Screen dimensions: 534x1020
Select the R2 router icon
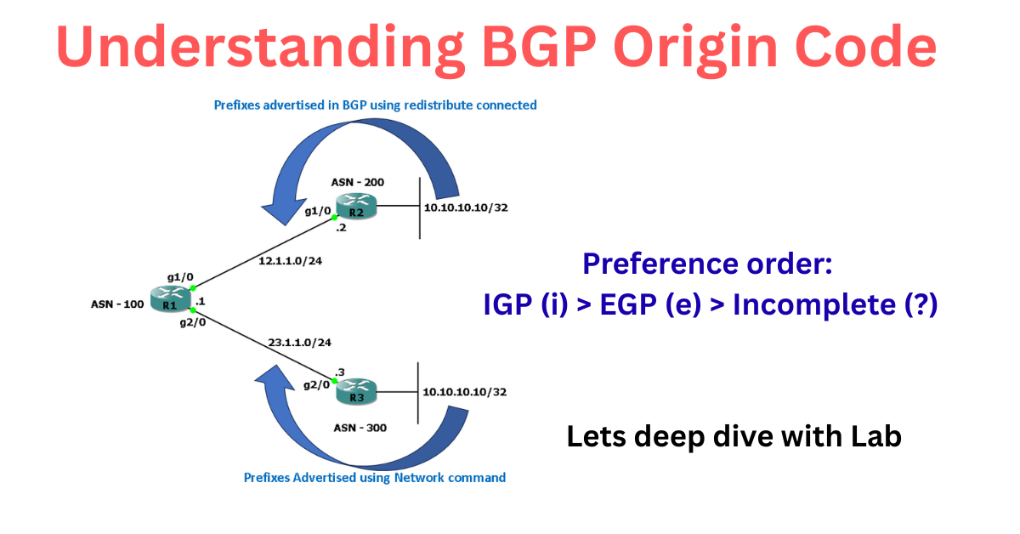(x=355, y=207)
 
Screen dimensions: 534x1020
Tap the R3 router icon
(x=355, y=393)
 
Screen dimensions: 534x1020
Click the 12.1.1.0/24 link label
(x=290, y=261)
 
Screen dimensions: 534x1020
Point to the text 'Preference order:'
(x=707, y=264)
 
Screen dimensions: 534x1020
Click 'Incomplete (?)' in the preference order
(x=835, y=304)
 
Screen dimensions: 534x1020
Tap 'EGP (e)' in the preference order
(x=650, y=304)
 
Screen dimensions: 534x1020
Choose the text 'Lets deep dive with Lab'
(x=734, y=437)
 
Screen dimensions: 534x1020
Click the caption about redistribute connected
(x=374, y=105)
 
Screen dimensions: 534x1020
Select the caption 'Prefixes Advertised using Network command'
(x=375, y=478)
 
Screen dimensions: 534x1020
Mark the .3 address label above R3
(x=339, y=372)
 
